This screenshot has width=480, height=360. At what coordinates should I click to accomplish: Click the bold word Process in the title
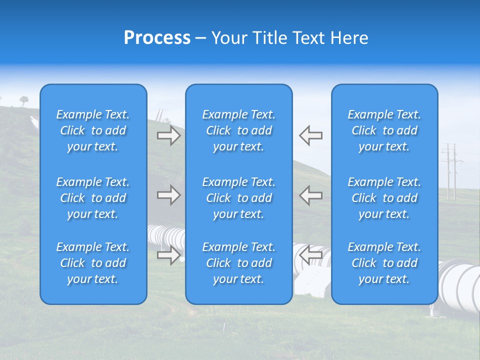pyautogui.click(x=157, y=38)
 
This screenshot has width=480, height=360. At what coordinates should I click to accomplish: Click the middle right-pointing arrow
pyautogui.click(x=168, y=195)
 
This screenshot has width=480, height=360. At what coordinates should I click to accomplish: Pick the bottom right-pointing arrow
pyautogui.click(x=168, y=255)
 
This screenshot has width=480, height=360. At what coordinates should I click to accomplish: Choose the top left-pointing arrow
pyautogui.click(x=310, y=135)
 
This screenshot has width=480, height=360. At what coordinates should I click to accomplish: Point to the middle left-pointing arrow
pyautogui.click(x=310, y=195)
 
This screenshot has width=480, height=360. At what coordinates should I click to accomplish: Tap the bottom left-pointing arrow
pyautogui.click(x=310, y=255)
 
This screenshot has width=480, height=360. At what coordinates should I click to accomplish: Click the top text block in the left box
pyautogui.click(x=93, y=130)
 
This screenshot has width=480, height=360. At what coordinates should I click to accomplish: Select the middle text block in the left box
pyautogui.click(x=93, y=198)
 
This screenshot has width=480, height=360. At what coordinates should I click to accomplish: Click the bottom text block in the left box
pyautogui.click(x=93, y=263)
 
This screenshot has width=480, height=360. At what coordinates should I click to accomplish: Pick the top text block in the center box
pyautogui.click(x=239, y=130)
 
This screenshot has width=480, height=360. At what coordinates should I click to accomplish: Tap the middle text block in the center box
pyautogui.click(x=239, y=198)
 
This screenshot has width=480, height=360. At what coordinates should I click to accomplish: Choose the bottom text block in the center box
pyautogui.click(x=239, y=263)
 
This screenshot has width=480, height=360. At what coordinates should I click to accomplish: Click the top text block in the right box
pyautogui.click(x=384, y=130)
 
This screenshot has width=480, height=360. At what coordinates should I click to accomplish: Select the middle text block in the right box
pyautogui.click(x=384, y=198)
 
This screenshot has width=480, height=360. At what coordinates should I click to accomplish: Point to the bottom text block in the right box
pyautogui.click(x=384, y=263)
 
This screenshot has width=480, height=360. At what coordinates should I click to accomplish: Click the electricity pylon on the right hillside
pyautogui.click(x=451, y=170)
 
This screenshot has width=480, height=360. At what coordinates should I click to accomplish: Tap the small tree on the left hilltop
pyautogui.click(x=24, y=100)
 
